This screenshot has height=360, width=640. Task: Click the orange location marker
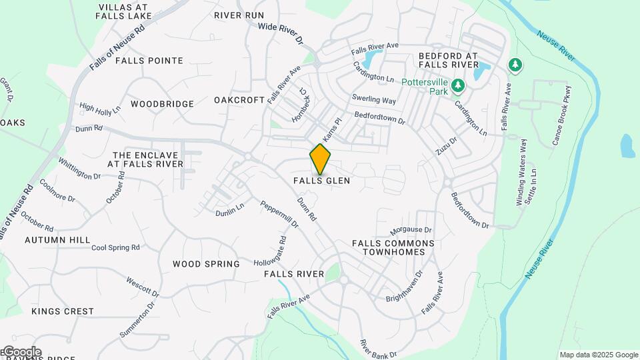coord(320,159)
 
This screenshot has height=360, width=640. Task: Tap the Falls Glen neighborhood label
coord(321,181)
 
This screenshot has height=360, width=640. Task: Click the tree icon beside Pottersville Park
coord(458,85)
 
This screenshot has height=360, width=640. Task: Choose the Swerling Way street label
coord(374,99)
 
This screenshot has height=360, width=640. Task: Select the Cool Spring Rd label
coord(115,247)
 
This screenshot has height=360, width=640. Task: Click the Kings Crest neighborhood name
coord(63,311)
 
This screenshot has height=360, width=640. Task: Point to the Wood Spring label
coord(206,264)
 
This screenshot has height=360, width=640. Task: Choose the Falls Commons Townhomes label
coord(393,248)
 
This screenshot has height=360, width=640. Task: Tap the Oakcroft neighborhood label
coord(239,100)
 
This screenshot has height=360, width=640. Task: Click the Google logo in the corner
coord(22,352)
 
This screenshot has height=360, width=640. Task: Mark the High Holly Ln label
coord(100,107)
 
